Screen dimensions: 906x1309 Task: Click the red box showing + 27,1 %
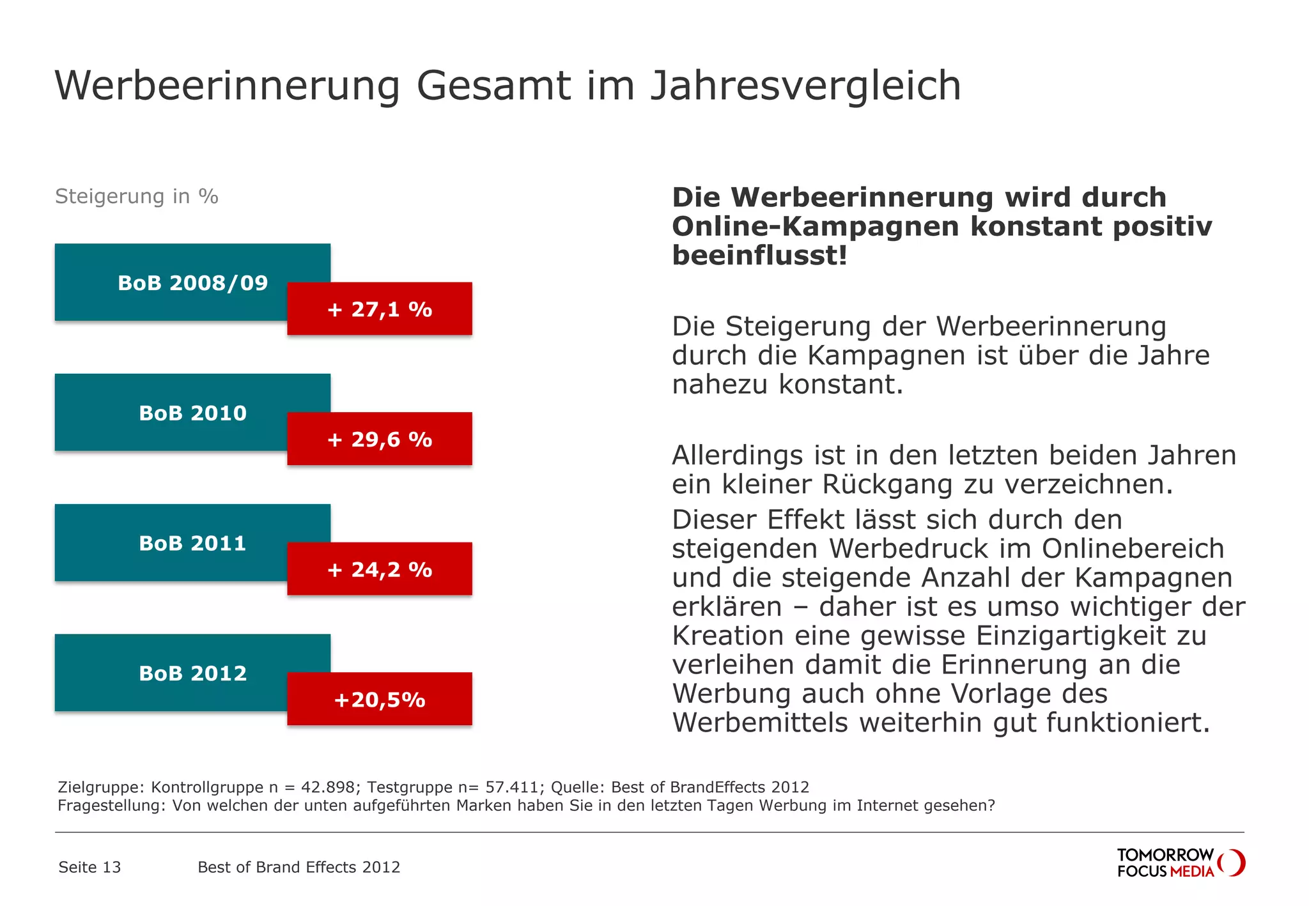click(x=380, y=309)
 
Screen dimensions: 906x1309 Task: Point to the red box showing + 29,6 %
click(x=380, y=440)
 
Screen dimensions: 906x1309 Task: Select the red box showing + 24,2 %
click(x=380, y=569)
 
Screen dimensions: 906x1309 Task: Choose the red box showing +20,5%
click(x=380, y=700)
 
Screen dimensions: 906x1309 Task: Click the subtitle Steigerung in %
click(x=137, y=196)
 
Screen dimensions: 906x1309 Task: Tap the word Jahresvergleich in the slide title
click(x=805, y=86)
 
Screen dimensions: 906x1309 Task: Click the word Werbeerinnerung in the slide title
click(x=228, y=86)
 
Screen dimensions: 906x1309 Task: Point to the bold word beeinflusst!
click(x=759, y=256)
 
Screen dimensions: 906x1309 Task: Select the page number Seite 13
click(x=89, y=867)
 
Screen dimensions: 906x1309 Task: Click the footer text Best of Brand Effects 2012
click(x=298, y=867)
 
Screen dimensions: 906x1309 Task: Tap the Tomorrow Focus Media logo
click(x=1181, y=863)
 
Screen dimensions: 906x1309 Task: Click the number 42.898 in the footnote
click(x=327, y=787)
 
